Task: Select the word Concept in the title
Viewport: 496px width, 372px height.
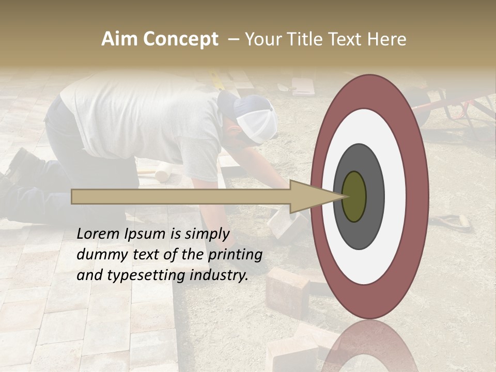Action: (180, 39)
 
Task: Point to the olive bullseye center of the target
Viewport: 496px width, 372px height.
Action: (354, 196)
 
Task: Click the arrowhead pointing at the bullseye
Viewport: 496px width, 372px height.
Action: (315, 196)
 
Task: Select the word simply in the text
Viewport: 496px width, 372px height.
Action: (207, 234)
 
